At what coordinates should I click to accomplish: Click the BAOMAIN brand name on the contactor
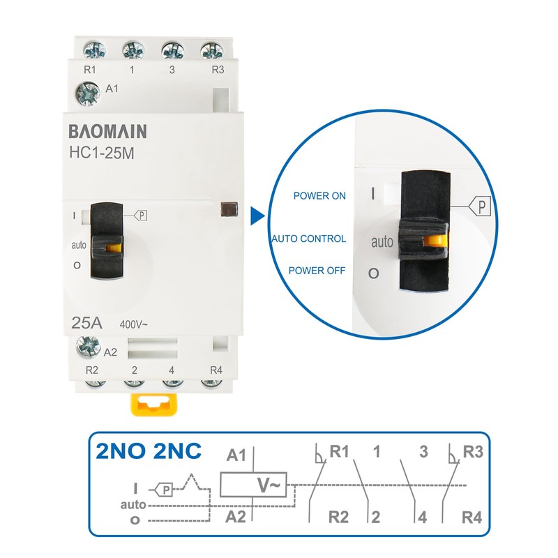click(x=107, y=131)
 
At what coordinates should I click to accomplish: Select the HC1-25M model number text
click(x=102, y=153)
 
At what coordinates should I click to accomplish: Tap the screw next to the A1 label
click(x=87, y=93)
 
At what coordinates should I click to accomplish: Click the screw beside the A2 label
click(x=88, y=346)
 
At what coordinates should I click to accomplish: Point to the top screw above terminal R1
click(x=95, y=50)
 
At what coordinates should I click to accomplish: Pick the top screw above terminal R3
click(x=212, y=50)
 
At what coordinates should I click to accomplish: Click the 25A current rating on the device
click(x=86, y=323)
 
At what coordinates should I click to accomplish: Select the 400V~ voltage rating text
click(x=133, y=324)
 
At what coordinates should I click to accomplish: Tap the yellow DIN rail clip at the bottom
click(x=153, y=404)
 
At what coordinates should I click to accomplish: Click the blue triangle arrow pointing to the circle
click(x=257, y=216)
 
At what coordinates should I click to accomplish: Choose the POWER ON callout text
click(x=319, y=196)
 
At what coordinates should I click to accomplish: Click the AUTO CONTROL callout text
click(x=309, y=239)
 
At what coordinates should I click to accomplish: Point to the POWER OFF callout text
click(x=317, y=271)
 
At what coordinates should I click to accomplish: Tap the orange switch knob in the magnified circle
click(x=435, y=240)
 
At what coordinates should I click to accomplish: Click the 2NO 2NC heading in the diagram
click(x=149, y=451)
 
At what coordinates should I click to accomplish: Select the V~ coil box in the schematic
click(x=253, y=485)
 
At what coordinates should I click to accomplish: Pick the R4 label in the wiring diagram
click(x=472, y=518)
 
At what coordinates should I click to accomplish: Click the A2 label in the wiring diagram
click(x=236, y=517)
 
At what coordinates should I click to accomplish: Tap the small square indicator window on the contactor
click(x=229, y=209)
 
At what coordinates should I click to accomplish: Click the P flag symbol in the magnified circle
click(x=480, y=206)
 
